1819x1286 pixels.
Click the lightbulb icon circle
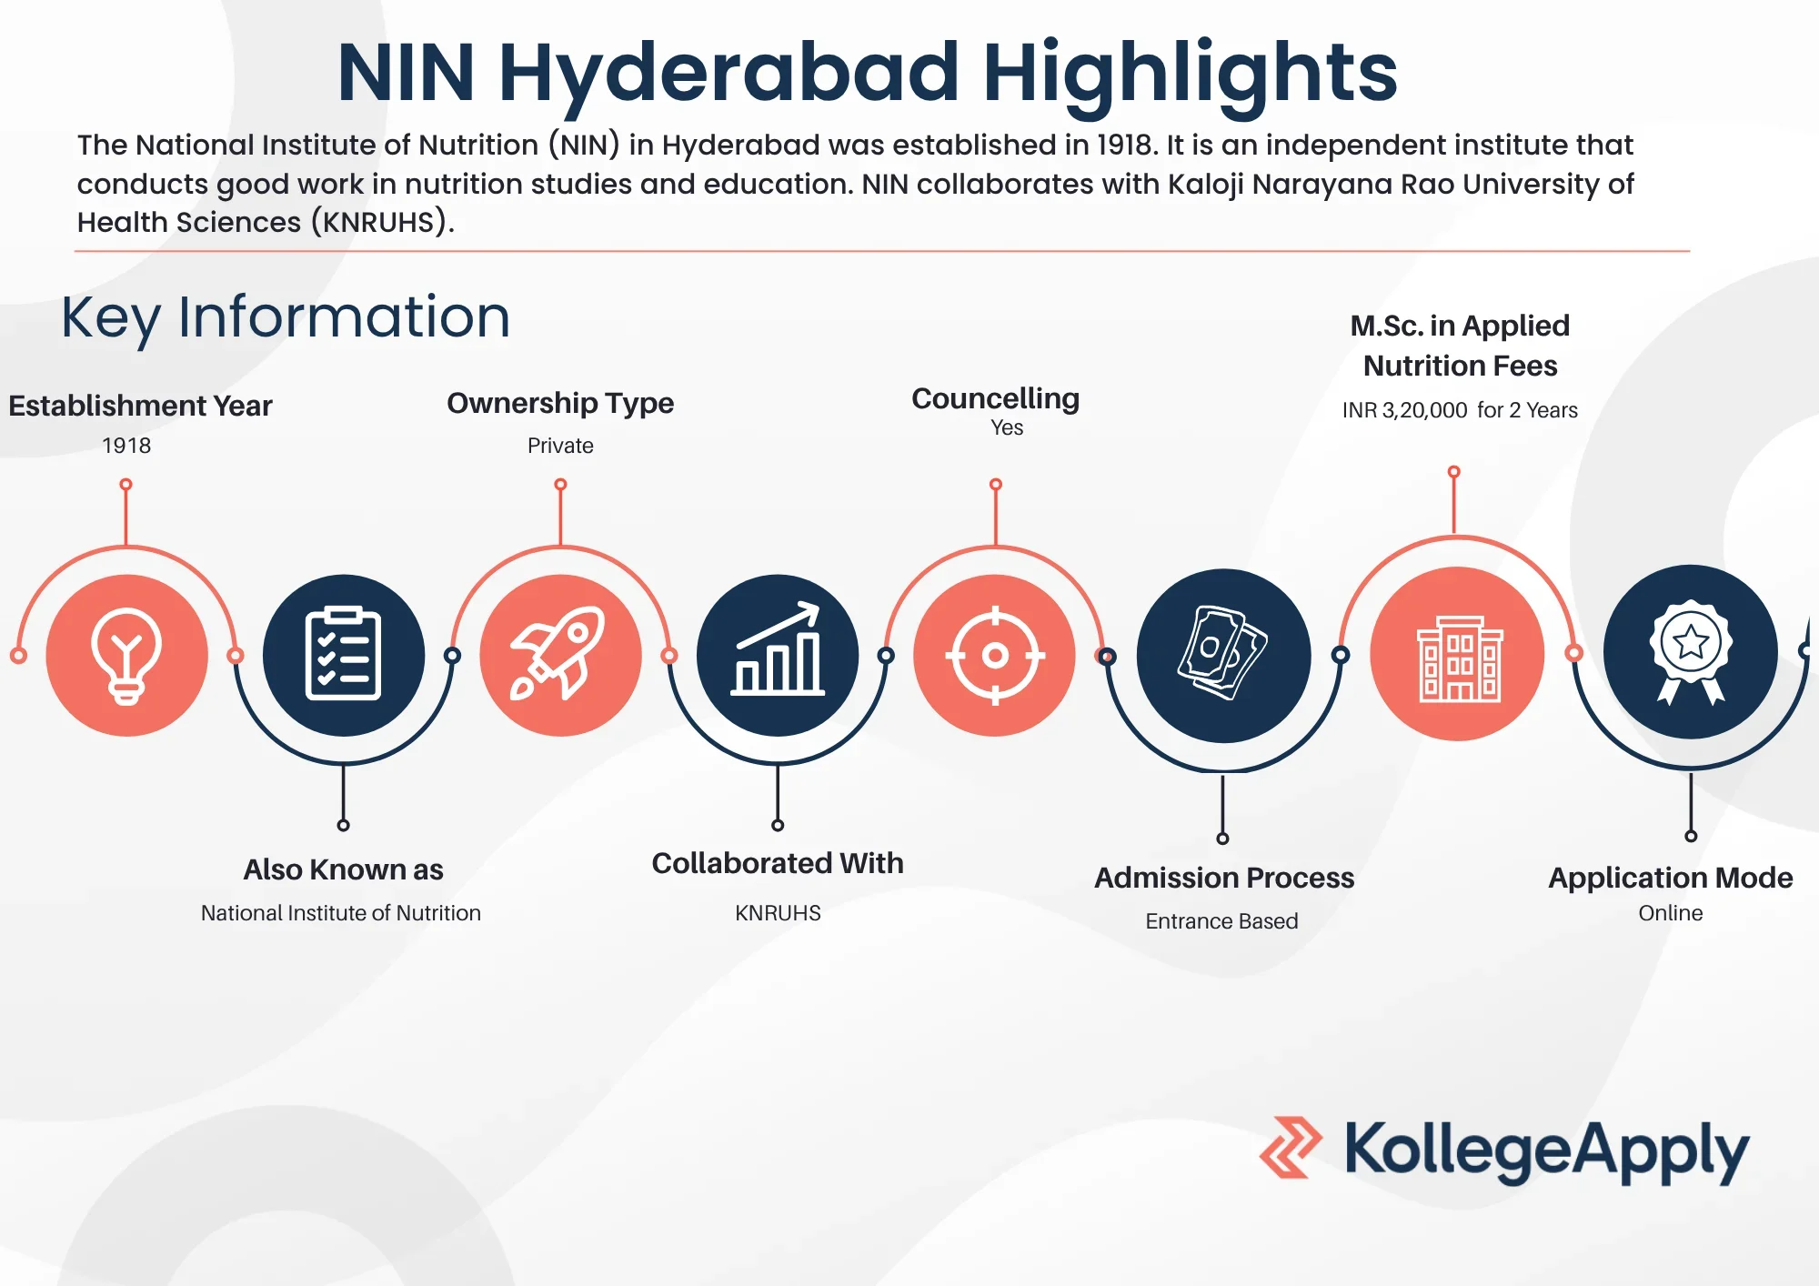[x=126, y=655]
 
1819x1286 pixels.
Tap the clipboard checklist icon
[x=343, y=655]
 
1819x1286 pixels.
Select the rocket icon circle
[x=560, y=655]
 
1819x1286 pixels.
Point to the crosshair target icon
[x=995, y=655]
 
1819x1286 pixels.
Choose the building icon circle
[x=1457, y=653]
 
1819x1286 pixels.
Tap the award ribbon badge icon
[x=1690, y=651]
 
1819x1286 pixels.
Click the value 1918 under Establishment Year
[x=126, y=446]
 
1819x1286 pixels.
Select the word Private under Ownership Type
[x=560, y=446]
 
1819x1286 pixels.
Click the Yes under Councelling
[x=1007, y=427]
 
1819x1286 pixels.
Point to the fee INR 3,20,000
[x=1404, y=410]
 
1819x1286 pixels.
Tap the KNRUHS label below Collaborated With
[x=778, y=913]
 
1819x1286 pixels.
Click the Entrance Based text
[x=1221, y=921]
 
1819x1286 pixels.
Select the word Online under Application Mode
[x=1671, y=913]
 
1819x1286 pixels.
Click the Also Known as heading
[x=343, y=869]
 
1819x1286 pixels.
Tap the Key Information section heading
[x=286, y=317]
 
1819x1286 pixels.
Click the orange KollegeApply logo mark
[x=1290, y=1148]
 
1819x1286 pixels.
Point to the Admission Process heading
[x=1224, y=878]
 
